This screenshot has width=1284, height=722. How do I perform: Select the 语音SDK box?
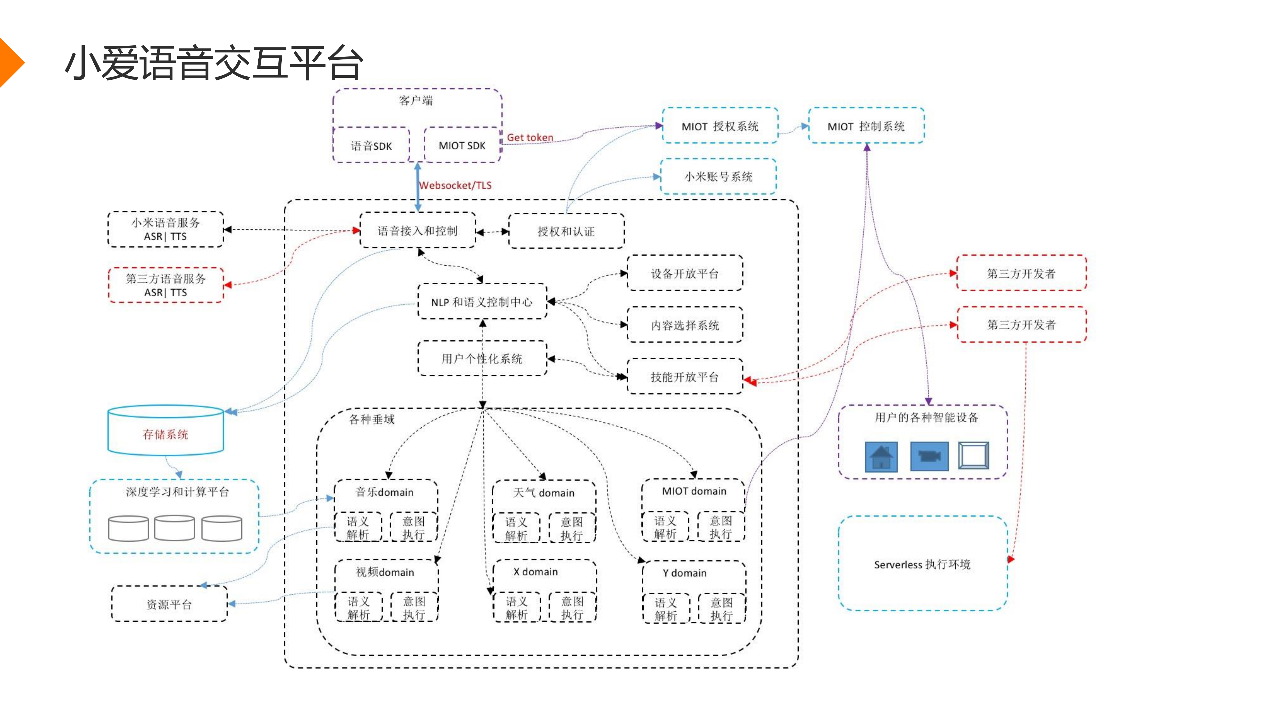tap(371, 145)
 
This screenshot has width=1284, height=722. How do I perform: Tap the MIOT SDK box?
tap(462, 145)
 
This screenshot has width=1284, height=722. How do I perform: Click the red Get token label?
tap(530, 137)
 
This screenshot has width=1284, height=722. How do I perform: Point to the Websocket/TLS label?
tap(455, 185)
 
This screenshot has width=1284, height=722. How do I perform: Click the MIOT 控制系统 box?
tap(866, 126)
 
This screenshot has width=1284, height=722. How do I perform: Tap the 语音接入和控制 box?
tap(417, 231)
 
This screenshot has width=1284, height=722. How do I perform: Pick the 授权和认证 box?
tap(566, 231)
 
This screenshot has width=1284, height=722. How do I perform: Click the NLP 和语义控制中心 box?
tap(482, 302)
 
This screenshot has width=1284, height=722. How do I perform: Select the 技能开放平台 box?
tap(684, 377)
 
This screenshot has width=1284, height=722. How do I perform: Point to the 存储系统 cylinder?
tap(166, 434)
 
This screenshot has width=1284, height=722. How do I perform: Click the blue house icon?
tap(881, 456)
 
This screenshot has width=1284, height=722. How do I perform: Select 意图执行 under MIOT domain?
tap(721, 527)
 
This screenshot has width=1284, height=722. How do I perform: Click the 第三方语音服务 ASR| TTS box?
tap(166, 285)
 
